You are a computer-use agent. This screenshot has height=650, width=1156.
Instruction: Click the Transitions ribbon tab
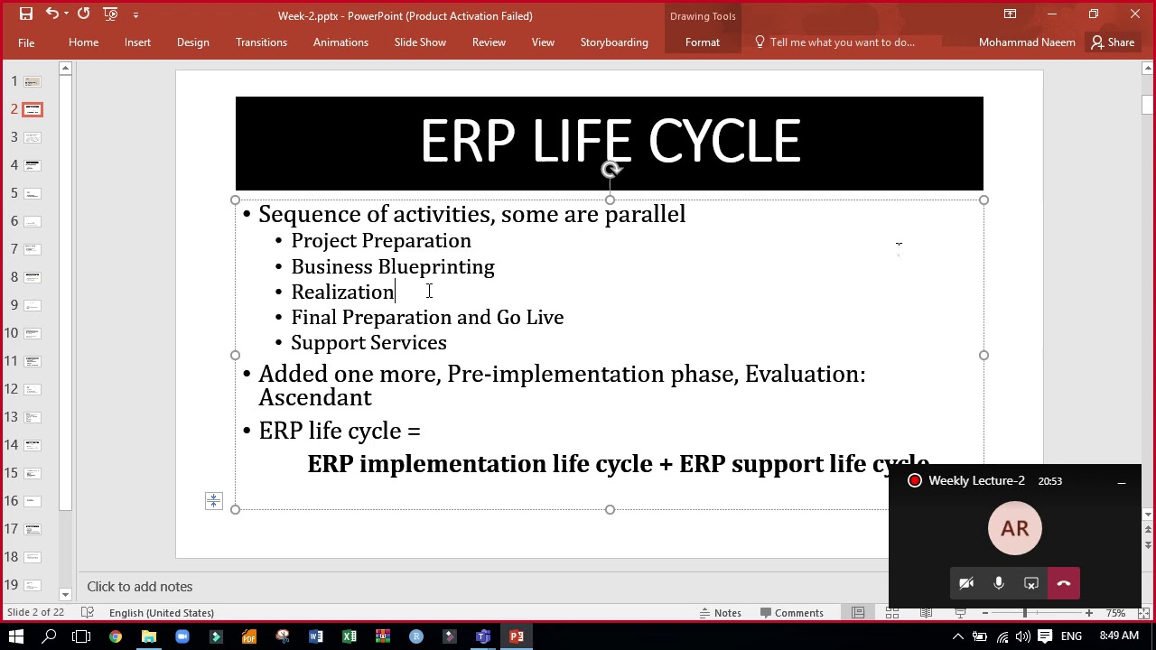pos(261,42)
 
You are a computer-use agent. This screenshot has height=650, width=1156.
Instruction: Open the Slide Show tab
pos(420,42)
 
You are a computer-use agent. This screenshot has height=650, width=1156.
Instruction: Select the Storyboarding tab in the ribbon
pos(614,42)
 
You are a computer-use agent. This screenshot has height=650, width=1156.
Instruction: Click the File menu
pos(26,42)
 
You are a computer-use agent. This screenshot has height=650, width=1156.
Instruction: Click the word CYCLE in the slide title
pos(723,143)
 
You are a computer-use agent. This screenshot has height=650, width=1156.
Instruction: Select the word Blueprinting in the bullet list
pos(436,267)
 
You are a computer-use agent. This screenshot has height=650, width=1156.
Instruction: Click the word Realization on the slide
pos(342,292)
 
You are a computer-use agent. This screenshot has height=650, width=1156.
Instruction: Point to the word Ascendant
pos(314,398)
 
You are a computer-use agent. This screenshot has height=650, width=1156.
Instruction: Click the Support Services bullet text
pos(368,343)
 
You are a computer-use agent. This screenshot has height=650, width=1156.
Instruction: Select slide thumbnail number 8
pos(33,277)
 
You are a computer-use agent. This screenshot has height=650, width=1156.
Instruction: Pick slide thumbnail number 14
pos(33,445)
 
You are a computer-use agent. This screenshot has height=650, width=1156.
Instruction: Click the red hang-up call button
pos(1063,584)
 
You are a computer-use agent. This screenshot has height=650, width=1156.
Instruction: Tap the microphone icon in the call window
pos(998,584)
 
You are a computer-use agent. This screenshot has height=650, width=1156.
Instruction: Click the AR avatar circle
pos(1014,529)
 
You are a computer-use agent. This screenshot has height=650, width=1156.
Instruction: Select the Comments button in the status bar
pos(791,613)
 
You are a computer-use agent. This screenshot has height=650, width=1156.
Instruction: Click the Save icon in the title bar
pos(26,14)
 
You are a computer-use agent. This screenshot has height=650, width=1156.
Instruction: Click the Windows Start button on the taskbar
pos(16,636)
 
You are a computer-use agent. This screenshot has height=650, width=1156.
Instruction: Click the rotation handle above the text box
pos(611,170)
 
